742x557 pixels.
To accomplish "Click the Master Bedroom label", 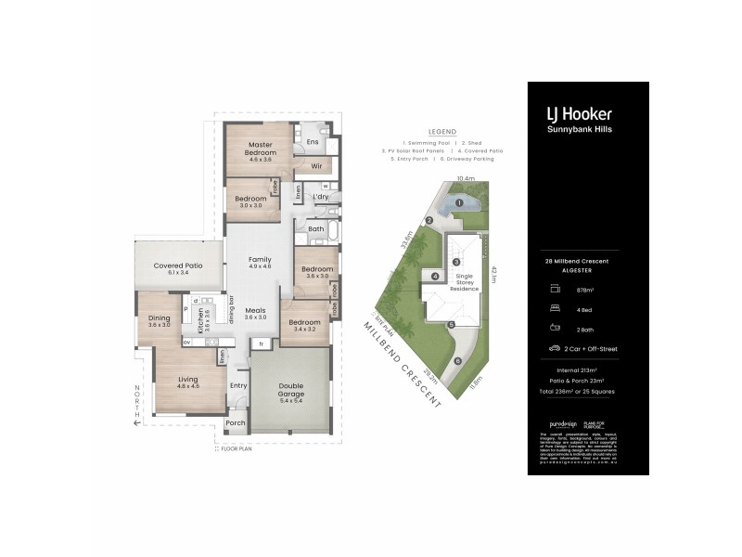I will click(259, 148).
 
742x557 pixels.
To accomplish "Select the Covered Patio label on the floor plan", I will click(177, 266).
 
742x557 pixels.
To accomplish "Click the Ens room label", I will click(313, 142).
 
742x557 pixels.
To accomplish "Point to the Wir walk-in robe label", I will click(316, 167).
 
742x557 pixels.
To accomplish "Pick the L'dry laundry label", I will click(322, 197).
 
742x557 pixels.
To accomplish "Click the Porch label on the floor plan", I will click(236, 422).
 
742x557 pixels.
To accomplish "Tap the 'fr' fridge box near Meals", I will click(262, 343).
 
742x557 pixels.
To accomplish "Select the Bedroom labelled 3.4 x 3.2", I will click(304, 324).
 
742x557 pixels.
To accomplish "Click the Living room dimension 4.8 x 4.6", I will click(188, 385).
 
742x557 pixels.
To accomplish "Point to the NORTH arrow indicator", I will click(136, 404).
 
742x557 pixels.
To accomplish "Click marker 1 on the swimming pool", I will click(459, 202).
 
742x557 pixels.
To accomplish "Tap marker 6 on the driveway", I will click(457, 361).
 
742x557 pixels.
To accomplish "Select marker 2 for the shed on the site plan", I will click(429, 220).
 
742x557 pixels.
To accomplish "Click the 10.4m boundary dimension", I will click(466, 178).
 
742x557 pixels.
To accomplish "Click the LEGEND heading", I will click(441, 131).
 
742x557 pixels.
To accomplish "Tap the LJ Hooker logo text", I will click(578, 114).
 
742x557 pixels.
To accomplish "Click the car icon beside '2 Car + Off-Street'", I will click(555, 349).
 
